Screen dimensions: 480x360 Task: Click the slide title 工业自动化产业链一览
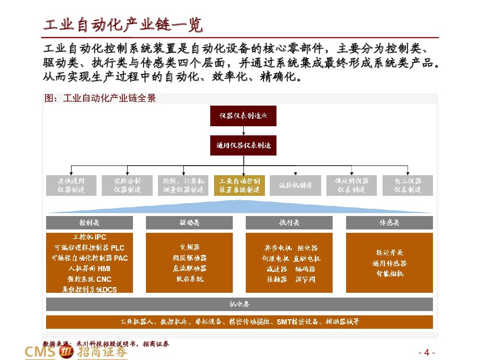pyautogui.click(x=123, y=25)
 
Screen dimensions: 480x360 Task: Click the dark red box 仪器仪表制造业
pyautogui.click(x=243, y=116)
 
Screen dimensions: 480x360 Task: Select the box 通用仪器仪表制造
pyautogui.click(x=243, y=145)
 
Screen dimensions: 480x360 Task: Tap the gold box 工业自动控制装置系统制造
pyautogui.click(x=240, y=185)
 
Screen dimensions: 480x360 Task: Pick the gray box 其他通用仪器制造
pyautogui.click(x=71, y=185)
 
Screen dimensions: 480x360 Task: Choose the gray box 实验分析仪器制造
pyautogui.click(x=127, y=185)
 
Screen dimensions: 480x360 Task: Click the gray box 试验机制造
pyautogui.click(x=296, y=185)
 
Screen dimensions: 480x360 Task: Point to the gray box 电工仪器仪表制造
pyautogui.click(x=408, y=185)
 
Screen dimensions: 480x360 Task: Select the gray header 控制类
pyautogui.click(x=89, y=223)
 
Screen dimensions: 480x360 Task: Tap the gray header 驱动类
pyautogui.click(x=189, y=223)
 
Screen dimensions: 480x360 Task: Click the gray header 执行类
pyautogui.click(x=289, y=223)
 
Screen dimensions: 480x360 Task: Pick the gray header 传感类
pyautogui.click(x=389, y=223)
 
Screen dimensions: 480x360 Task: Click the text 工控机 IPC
pyautogui.click(x=89, y=237)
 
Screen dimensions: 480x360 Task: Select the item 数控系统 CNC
pyautogui.click(x=89, y=279)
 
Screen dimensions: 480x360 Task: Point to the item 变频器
pyautogui.click(x=189, y=248)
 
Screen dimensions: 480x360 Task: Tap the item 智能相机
pyautogui.click(x=389, y=274)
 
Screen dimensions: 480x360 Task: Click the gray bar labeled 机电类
pyautogui.click(x=240, y=304)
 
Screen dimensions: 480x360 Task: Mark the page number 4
pyautogui.click(x=427, y=352)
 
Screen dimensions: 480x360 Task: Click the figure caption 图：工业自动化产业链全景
pyautogui.click(x=100, y=98)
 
